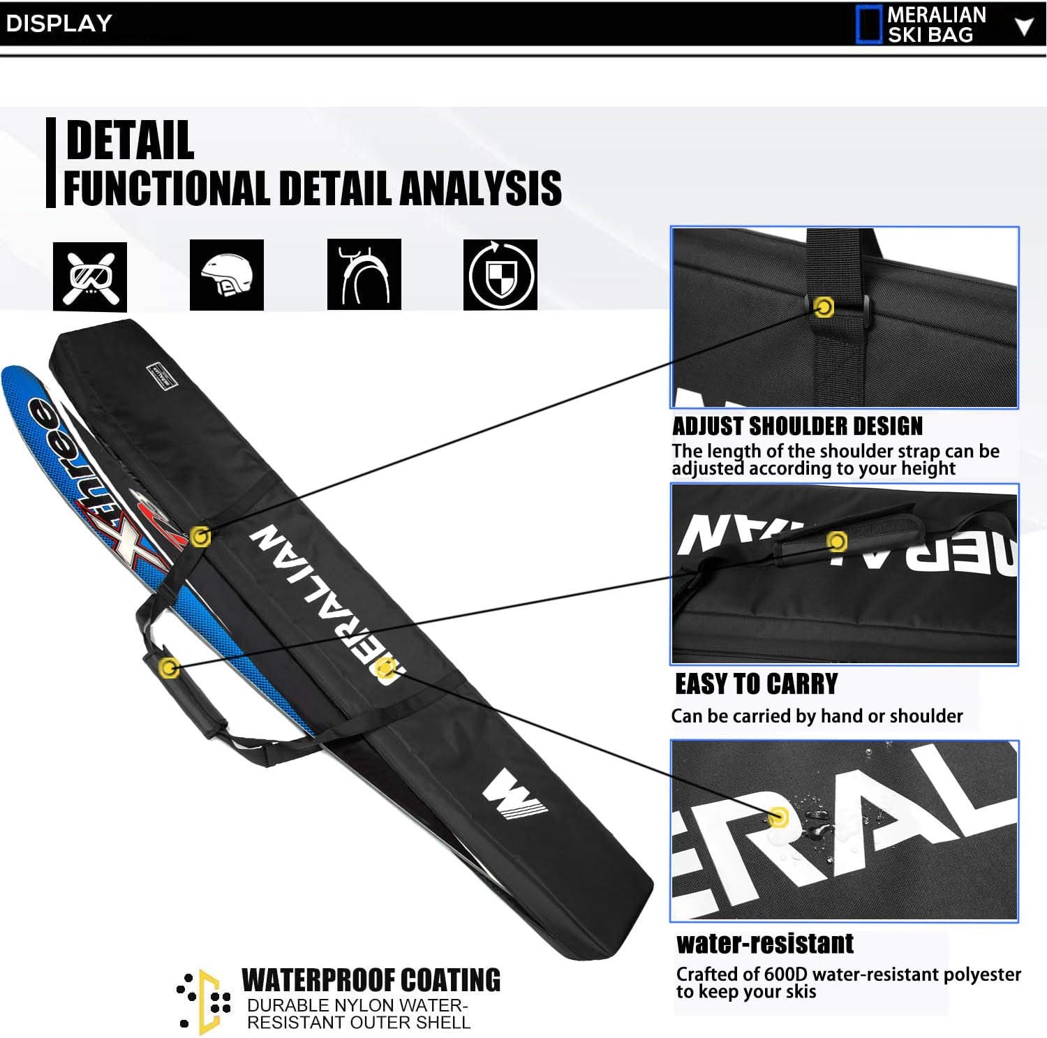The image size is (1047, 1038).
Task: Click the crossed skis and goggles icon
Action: click(x=90, y=276)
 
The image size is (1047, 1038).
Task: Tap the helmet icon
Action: click(x=227, y=275)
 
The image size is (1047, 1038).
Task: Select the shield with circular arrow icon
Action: click(x=500, y=274)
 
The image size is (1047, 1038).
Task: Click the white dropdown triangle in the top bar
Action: click(x=1023, y=27)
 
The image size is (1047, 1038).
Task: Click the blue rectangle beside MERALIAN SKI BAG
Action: click(x=868, y=24)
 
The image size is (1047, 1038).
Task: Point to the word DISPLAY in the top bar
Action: click(x=59, y=23)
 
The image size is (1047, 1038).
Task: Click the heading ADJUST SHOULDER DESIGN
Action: click(x=797, y=426)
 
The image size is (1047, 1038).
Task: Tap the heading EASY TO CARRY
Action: click(x=756, y=684)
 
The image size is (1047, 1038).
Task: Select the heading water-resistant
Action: click(x=765, y=944)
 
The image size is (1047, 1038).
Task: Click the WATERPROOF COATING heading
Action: click(x=371, y=980)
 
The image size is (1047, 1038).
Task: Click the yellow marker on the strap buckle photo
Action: click(x=824, y=307)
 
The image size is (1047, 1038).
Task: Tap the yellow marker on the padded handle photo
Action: click(x=837, y=541)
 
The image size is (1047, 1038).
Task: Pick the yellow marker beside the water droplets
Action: click(x=778, y=817)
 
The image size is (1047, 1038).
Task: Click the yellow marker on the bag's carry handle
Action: click(x=168, y=668)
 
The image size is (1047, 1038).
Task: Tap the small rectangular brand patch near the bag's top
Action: click(x=163, y=377)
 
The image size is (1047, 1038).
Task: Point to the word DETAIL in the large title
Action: click(x=130, y=140)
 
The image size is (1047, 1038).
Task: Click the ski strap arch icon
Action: click(x=364, y=274)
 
